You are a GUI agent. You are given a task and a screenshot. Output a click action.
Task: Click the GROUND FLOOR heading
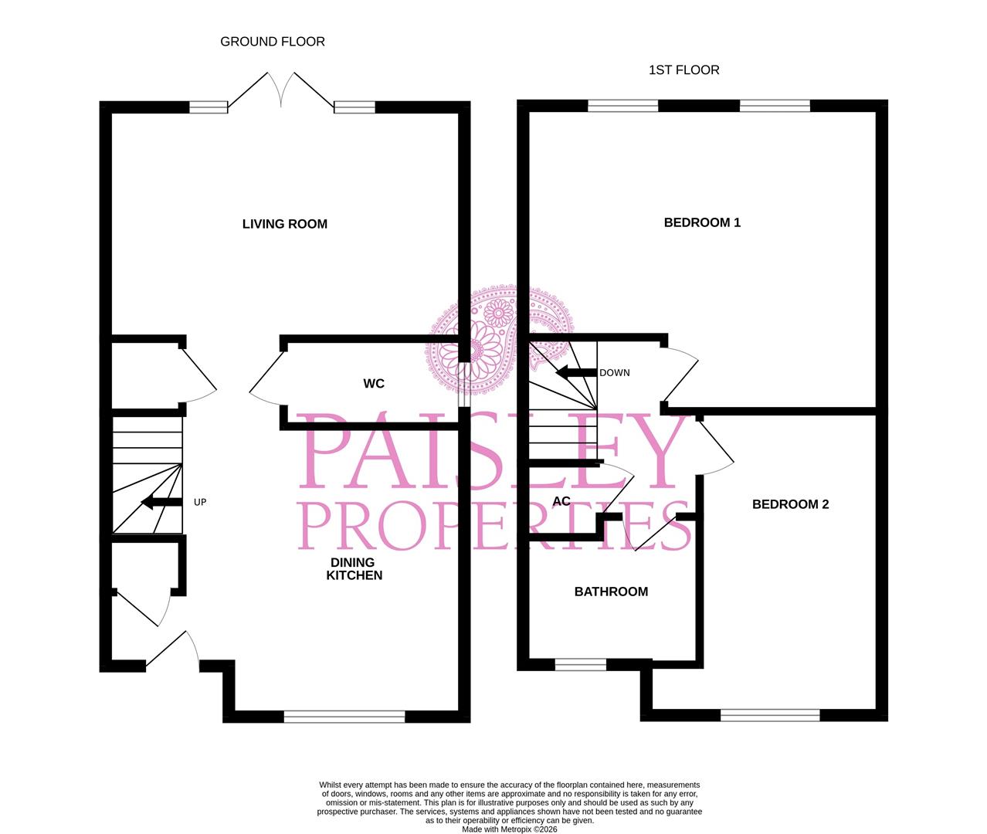pyautogui.click(x=273, y=42)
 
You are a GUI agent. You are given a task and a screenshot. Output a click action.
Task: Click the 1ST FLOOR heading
pyautogui.click(x=683, y=70)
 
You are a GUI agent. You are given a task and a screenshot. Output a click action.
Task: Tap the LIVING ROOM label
pyautogui.click(x=285, y=224)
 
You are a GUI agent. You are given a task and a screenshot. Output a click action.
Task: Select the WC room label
pyautogui.click(x=374, y=384)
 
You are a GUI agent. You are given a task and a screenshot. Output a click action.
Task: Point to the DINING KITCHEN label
pyautogui.click(x=354, y=569)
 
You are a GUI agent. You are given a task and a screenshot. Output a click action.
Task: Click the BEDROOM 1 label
pyautogui.click(x=702, y=222)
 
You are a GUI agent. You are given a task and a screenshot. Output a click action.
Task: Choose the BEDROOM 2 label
pyautogui.click(x=790, y=504)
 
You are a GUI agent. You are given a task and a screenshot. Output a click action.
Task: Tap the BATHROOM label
pyautogui.click(x=611, y=592)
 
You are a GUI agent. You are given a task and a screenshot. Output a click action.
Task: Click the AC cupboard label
pyautogui.click(x=561, y=501)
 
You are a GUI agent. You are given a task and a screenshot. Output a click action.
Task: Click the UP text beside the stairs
pyautogui.click(x=200, y=502)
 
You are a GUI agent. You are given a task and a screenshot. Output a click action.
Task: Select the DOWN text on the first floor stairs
pyautogui.click(x=615, y=373)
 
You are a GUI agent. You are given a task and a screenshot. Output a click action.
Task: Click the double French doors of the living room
pyautogui.click(x=281, y=90)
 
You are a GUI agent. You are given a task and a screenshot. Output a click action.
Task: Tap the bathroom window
pyautogui.click(x=581, y=664)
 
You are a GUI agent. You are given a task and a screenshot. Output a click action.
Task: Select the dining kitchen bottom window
pyautogui.click(x=344, y=717)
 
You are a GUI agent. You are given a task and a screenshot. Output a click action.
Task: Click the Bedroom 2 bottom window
pyautogui.click(x=770, y=716)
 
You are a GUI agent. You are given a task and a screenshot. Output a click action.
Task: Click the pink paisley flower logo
pyautogui.click(x=494, y=336)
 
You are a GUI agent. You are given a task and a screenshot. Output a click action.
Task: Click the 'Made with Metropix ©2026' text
pyautogui.click(x=509, y=829)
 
